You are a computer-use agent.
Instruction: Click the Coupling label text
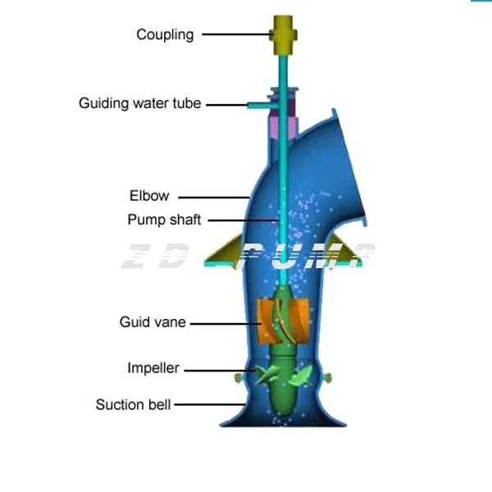tap(165, 34)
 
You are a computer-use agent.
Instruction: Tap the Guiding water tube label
tap(139, 104)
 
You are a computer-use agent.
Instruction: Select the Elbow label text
tap(149, 196)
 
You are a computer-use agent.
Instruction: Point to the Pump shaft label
tap(164, 220)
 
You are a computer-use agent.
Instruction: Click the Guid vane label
tap(153, 322)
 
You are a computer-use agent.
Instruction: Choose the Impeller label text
tap(153, 368)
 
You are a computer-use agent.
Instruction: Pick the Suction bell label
tap(134, 404)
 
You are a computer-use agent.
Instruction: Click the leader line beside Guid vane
tap(222, 323)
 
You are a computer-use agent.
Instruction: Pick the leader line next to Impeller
tap(220, 369)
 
